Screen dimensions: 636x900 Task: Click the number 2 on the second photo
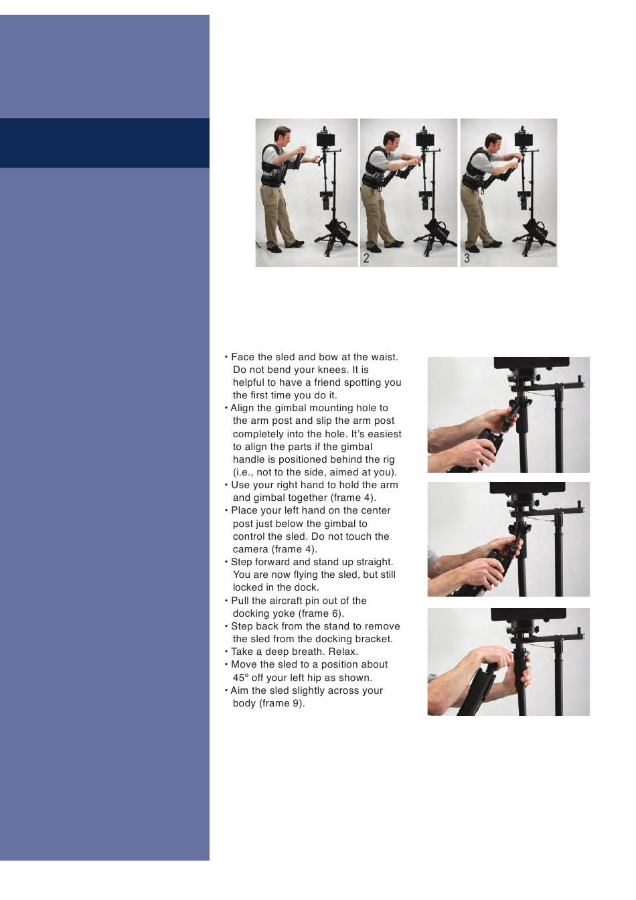pos(366,258)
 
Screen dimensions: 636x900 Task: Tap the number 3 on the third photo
pos(467,258)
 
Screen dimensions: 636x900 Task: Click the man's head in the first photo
pos(282,137)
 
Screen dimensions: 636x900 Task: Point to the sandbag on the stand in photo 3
pos(539,232)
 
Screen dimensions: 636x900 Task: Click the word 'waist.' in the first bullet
pos(384,357)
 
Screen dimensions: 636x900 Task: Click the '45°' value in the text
pos(240,678)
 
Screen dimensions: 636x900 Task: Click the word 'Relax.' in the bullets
pos(343,652)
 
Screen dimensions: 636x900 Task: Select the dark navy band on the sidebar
pos(104,143)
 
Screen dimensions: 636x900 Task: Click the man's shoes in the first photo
pos(285,246)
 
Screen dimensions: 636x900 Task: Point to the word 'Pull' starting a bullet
pos(239,601)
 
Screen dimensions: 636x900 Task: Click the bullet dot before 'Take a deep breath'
pos(226,652)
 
